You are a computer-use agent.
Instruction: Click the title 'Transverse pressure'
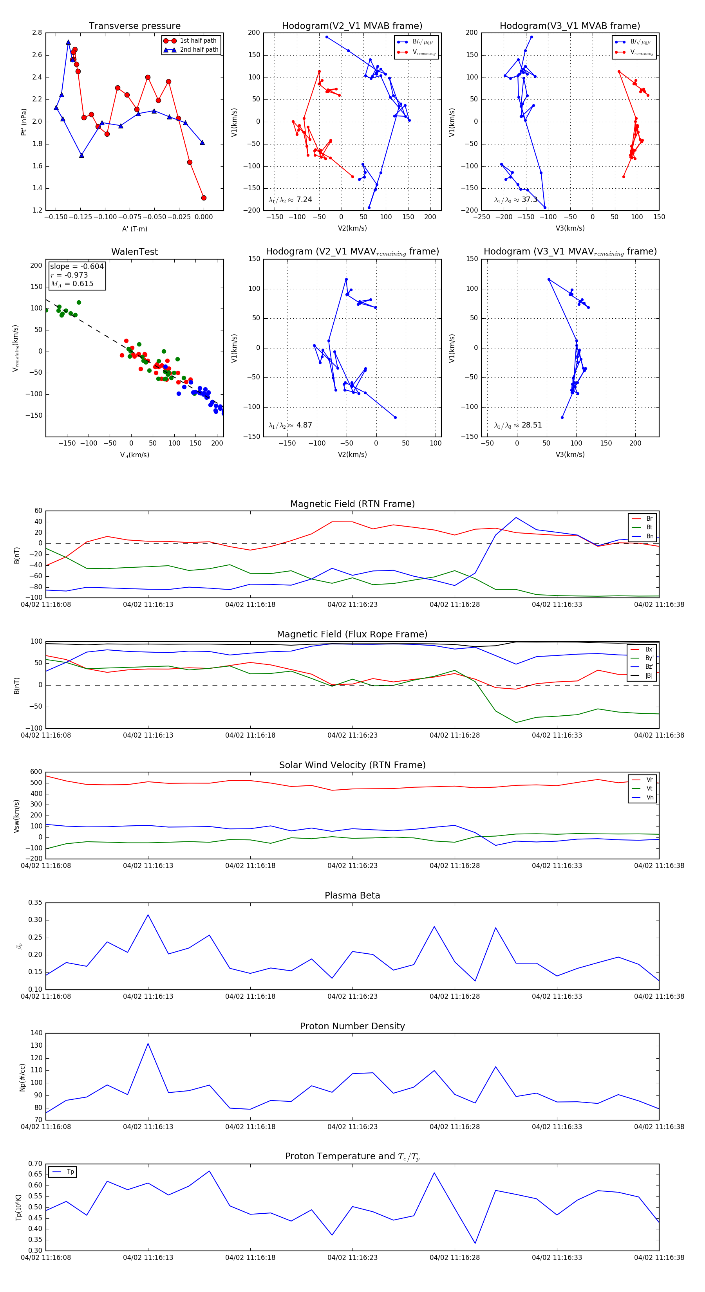134,26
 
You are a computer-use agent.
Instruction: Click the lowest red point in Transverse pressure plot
204,198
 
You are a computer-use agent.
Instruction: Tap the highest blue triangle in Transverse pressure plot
68,42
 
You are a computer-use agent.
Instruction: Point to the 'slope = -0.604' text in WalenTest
77,266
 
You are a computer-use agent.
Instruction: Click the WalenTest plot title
134,252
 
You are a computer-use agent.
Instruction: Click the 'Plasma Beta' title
352,896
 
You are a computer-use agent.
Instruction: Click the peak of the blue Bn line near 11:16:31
516,518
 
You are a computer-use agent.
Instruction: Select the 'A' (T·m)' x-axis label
134,229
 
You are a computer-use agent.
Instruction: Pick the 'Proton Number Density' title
352,1026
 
